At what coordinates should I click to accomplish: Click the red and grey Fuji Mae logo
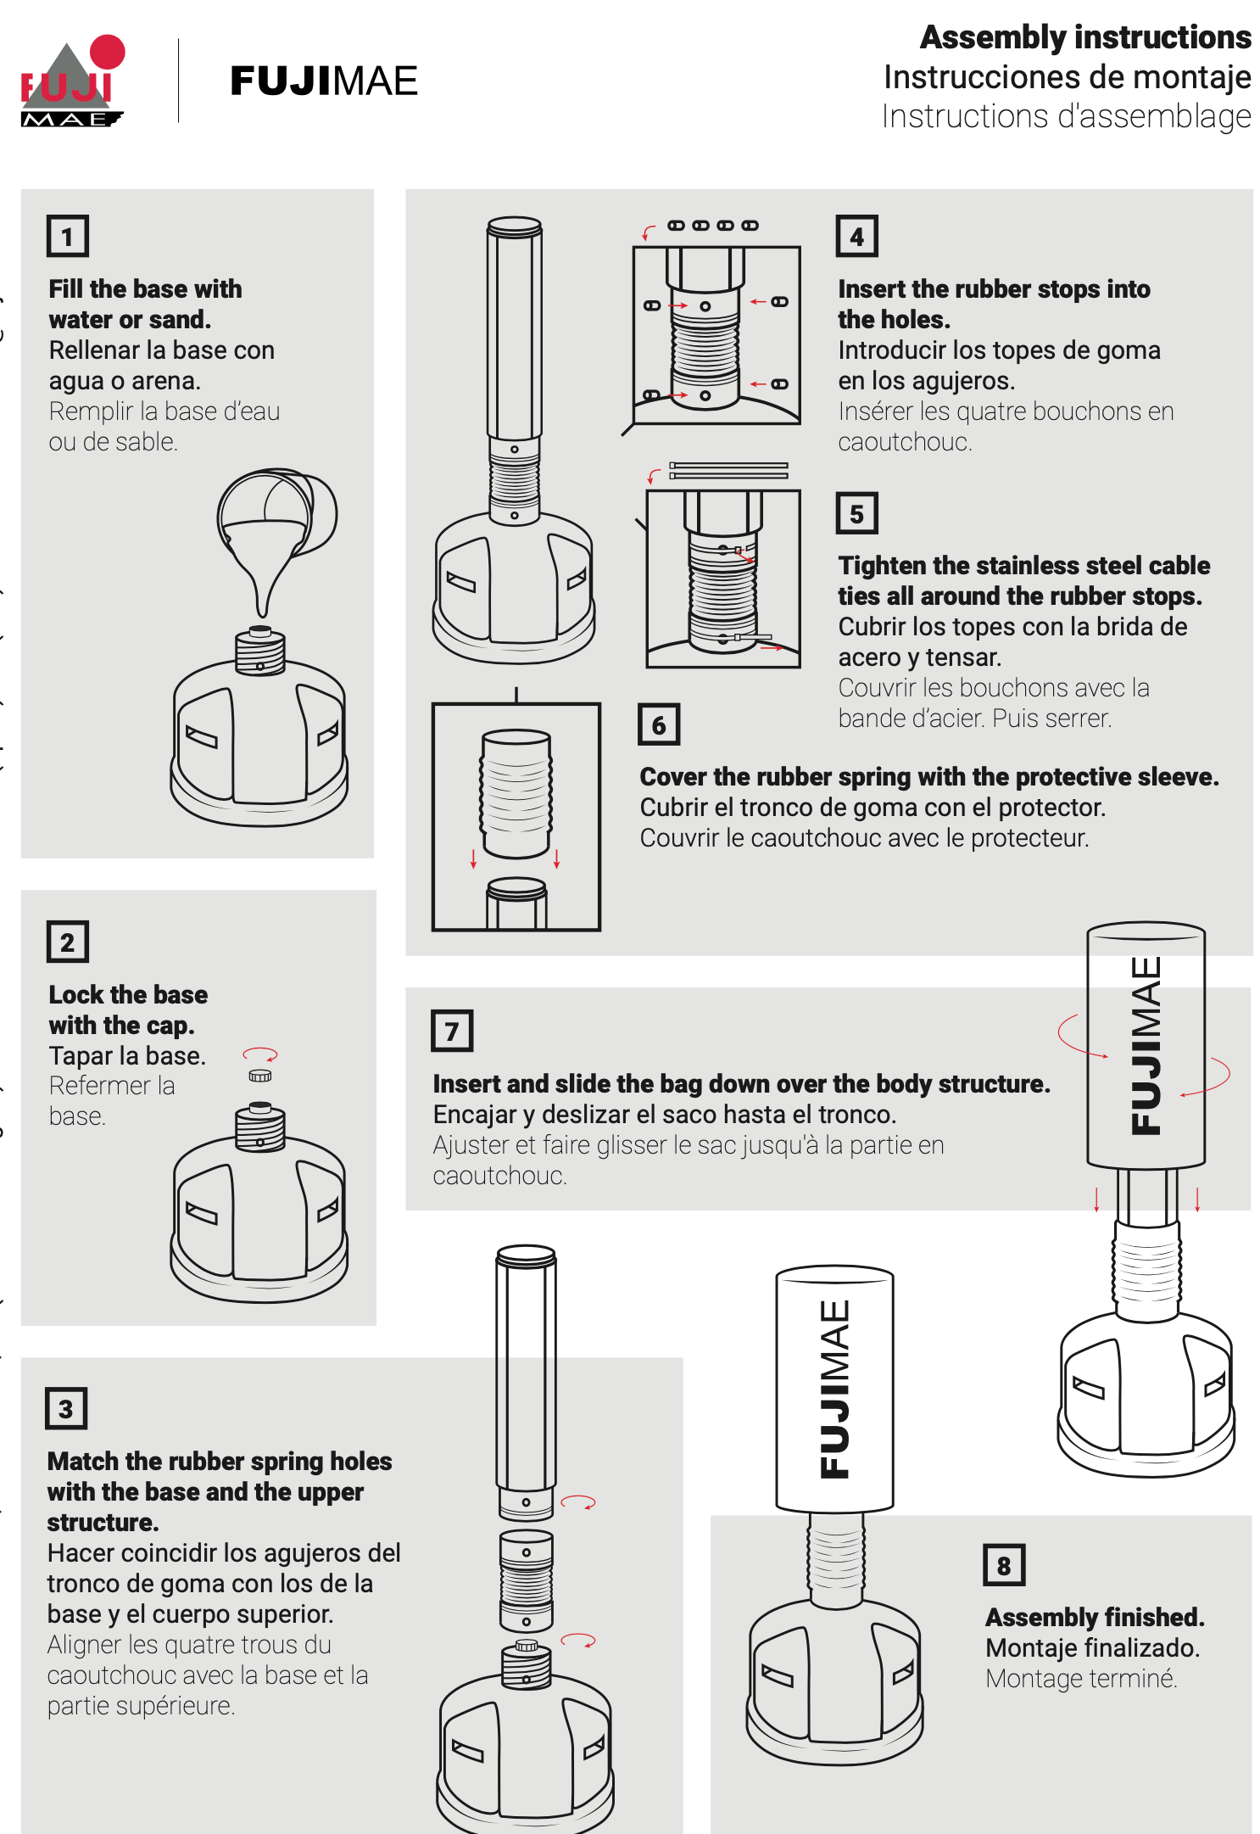pos(73,81)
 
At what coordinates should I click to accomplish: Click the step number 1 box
pos(68,236)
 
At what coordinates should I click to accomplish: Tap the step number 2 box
pos(68,942)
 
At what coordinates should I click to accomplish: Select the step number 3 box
pos(66,1409)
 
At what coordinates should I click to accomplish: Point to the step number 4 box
pos(857,236)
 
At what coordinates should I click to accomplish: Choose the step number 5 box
pos(857,513)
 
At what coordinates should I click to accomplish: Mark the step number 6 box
pos(659,724)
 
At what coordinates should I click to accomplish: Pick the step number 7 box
pos(452,1031)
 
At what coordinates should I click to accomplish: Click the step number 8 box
pos(1004,1565)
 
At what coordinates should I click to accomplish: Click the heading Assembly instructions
pos(1085,37)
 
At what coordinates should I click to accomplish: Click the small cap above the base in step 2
pos(260,1076)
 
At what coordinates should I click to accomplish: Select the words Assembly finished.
pos(1095,1617)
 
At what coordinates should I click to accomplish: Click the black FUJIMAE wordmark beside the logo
pos(324,81)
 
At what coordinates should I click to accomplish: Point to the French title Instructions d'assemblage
pos(1066,116)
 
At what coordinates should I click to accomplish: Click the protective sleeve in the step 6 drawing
pos(516,793)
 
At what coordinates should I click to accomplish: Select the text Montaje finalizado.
pos(1093,1647)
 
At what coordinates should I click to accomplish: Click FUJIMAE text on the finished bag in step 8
pos(835,1389)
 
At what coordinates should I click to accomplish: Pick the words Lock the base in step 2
pos(128,994)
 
